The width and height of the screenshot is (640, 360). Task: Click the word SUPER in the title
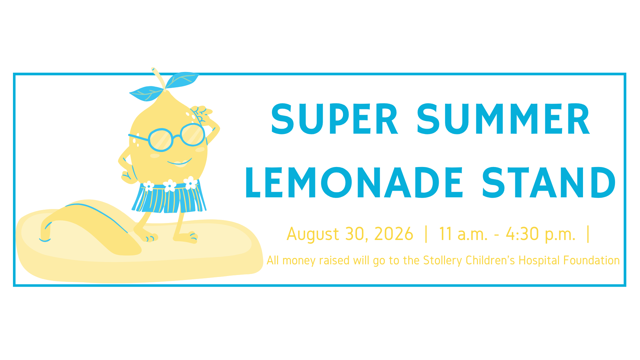pyautogui.click(x=335, y=119)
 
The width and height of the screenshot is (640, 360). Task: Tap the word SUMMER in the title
pyautogui.click(x=504, y=119)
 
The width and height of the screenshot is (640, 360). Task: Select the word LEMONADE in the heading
pyautogui.click(x=354, y=182)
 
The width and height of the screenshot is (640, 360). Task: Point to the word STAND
pyautogui.click(x=549, y=182)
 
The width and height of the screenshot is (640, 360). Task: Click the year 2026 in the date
pyautogui.click(x=394, y=234)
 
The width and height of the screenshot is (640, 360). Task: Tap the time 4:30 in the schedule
pyautogui.click(x=522, y=234)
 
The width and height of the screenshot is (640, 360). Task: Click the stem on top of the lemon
pyautogui.click(x=158, y=78)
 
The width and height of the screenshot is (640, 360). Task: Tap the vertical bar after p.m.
pyautogui.click(x=588, y=234)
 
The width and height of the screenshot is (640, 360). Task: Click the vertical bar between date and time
pyautogui.click(x=426, y=234)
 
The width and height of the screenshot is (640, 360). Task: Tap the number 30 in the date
pyautogui.click(x=357, y=234)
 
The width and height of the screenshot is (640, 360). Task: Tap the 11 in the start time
pyautogui.click(x=445, y=234)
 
